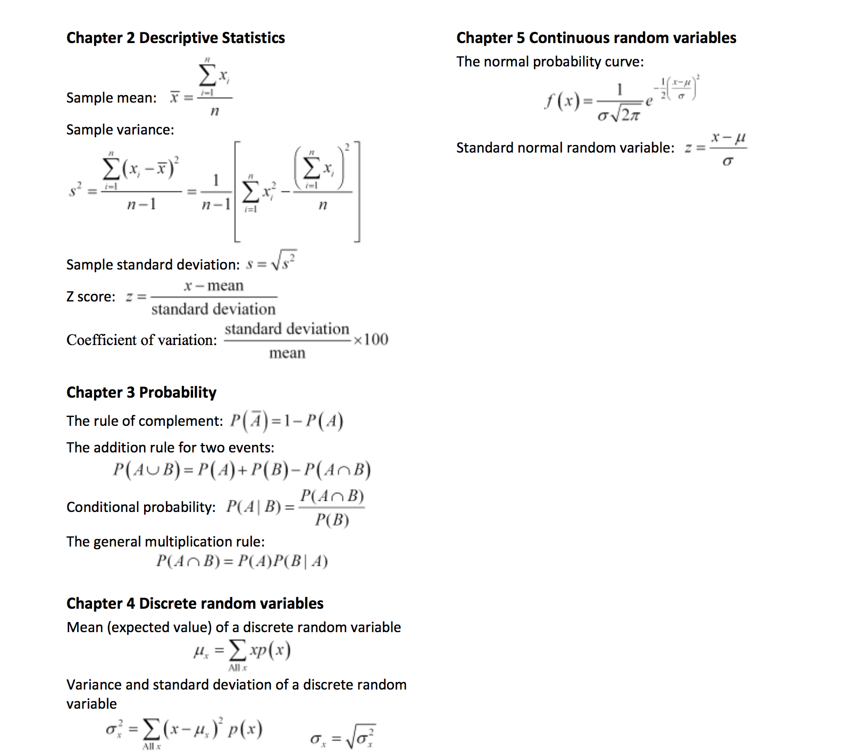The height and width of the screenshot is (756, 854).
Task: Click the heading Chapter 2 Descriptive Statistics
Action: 175,38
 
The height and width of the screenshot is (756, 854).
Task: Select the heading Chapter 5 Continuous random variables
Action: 596,38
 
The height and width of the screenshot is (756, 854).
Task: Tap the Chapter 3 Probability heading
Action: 141,392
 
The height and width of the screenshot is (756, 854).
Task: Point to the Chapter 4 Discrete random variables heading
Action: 195,603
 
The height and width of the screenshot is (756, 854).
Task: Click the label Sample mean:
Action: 111,98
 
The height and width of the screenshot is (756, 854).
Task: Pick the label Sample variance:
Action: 120,130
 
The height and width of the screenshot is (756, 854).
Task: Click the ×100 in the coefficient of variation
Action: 371,339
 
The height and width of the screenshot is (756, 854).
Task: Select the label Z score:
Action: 91,297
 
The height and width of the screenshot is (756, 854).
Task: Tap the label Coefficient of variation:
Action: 141,340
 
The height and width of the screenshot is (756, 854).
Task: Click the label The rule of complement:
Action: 145,421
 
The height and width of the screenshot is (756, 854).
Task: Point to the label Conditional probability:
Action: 141,507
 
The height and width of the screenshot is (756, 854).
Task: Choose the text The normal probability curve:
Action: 550,62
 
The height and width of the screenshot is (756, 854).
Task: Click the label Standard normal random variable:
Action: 565,148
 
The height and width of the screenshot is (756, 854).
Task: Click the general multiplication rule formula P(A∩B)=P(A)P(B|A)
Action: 242,561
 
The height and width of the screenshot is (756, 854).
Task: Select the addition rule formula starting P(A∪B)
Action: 242,470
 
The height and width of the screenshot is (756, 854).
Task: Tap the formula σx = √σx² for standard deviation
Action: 342,737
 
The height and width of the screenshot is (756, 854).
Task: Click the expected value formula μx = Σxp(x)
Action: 242,651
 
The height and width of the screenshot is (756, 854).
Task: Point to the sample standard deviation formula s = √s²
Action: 271,262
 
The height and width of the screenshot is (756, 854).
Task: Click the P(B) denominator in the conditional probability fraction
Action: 332,519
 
